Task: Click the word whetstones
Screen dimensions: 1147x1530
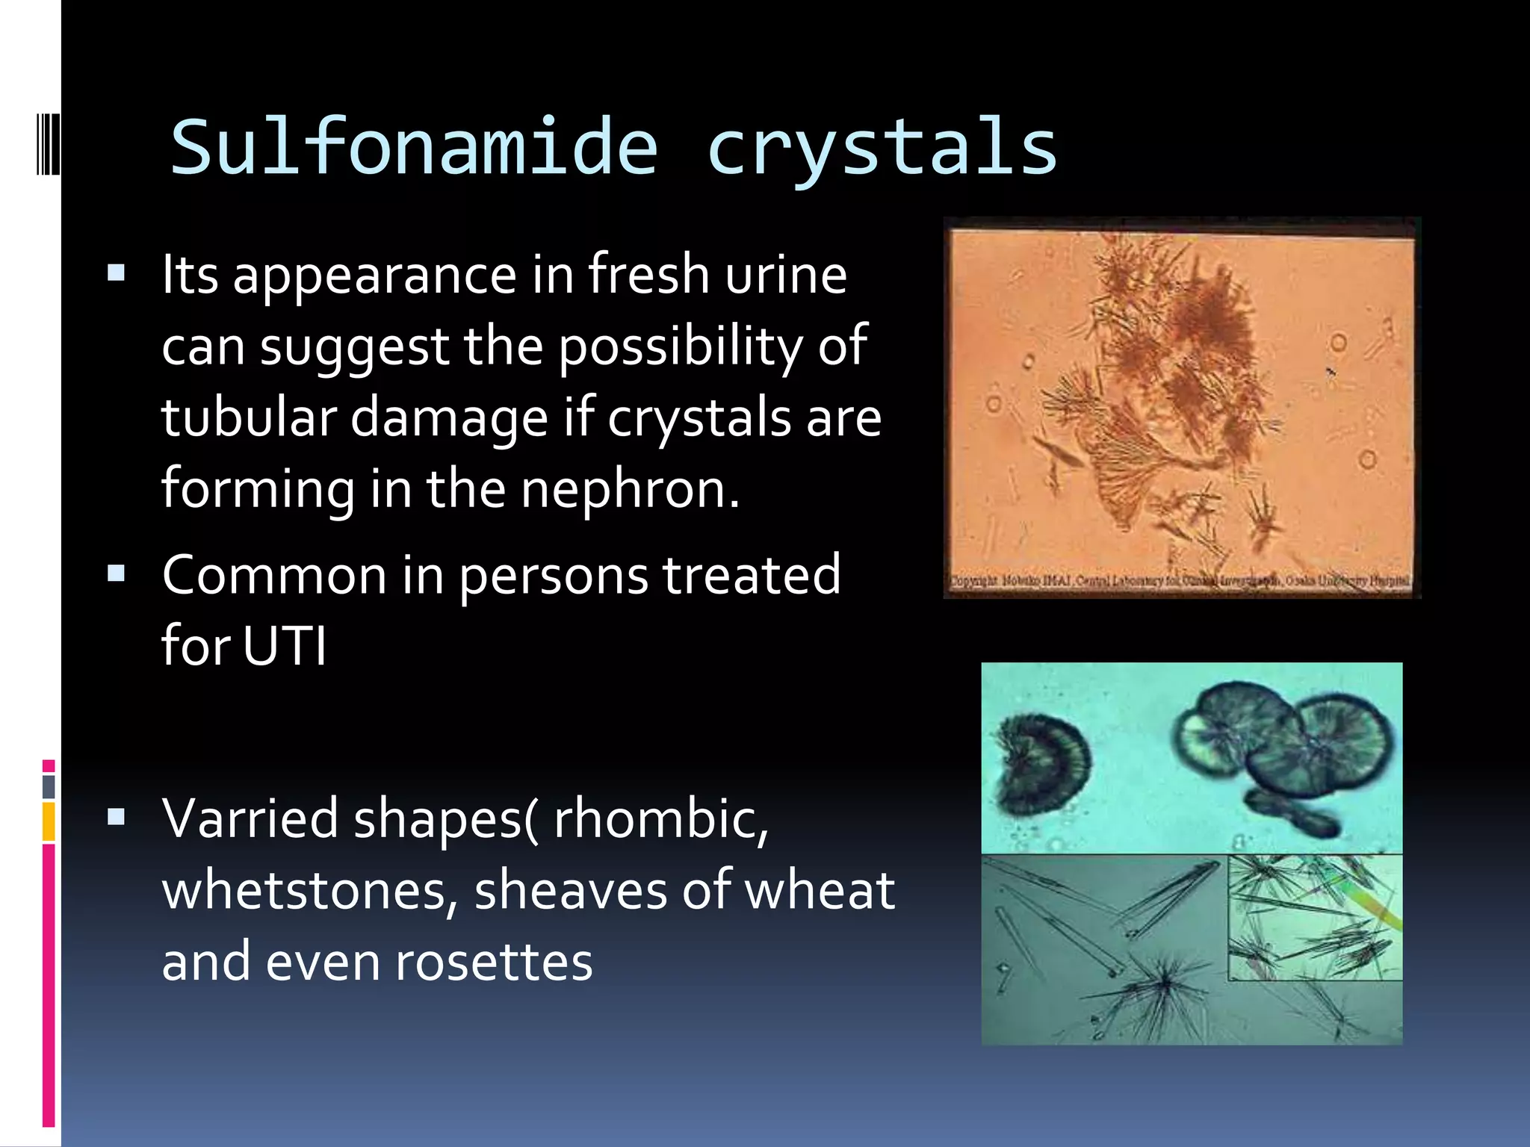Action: point(309,890)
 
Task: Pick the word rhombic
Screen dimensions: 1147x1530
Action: point(660,818)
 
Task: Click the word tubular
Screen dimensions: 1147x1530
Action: point(247,417)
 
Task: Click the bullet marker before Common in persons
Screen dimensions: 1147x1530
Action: point(116,573)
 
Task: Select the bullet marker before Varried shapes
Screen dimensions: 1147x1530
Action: point(116,817)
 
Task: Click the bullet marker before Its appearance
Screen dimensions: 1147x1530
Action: point(116,272)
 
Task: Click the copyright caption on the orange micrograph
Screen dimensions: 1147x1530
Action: point(1180,581)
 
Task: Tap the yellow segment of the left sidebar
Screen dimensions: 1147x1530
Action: point(49,821)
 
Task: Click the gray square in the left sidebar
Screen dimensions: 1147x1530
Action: point(49,786)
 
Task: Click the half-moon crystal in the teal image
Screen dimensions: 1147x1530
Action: point(1042,764)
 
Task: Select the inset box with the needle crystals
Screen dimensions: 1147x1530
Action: point(1315,918)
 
